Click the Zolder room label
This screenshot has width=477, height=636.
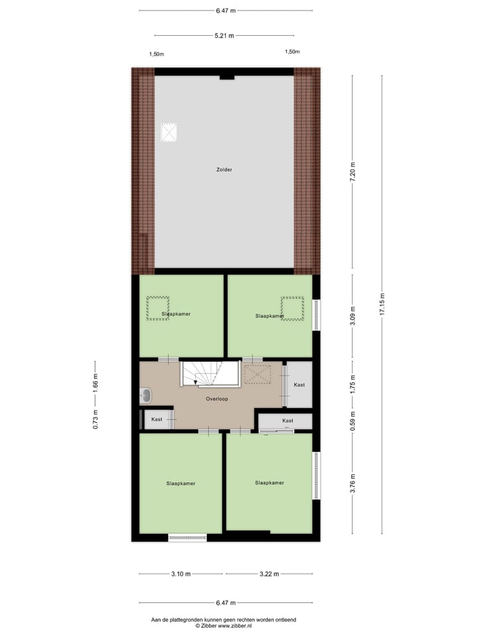(x=224, y=170)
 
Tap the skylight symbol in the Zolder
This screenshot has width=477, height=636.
(x=170, y=132)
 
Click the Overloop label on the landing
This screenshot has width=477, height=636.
(x=217, y=399)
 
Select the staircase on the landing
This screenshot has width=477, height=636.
(x=210, y=374)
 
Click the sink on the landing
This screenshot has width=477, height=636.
(x=146, y=396)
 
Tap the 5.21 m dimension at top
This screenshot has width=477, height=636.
(x=225, y=35)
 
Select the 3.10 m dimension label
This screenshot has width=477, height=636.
(x=181, y=574)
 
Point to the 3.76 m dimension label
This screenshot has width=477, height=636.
(x=352, y=482)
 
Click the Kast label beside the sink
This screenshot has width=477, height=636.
(x=157, y=419)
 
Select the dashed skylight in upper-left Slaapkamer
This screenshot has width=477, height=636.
(x=158, y=308)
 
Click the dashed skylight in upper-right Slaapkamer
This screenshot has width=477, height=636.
(x=292, y=308)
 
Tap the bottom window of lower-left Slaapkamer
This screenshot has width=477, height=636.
(x=187, y=537)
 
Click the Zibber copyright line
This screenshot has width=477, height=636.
(x=224, y=625)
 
